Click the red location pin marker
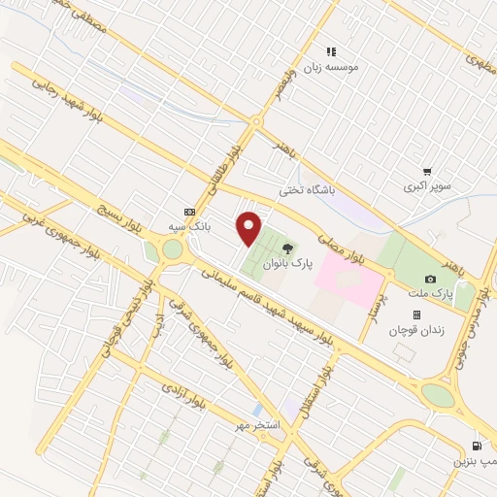point(249,227)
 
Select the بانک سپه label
point(189,226)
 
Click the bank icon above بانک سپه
point(188,212)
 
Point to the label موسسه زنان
point(332,67)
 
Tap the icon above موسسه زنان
point(331,51)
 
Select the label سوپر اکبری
point(428,184)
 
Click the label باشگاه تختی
point(306,191)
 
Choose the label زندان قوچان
point(416,331)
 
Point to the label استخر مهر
point(258,426)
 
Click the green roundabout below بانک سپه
point(172,250)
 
